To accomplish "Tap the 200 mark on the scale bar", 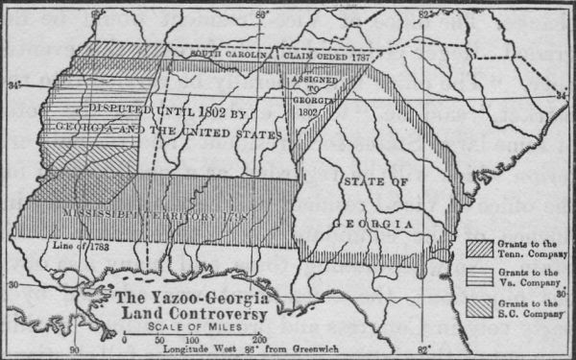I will pos(259,340).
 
